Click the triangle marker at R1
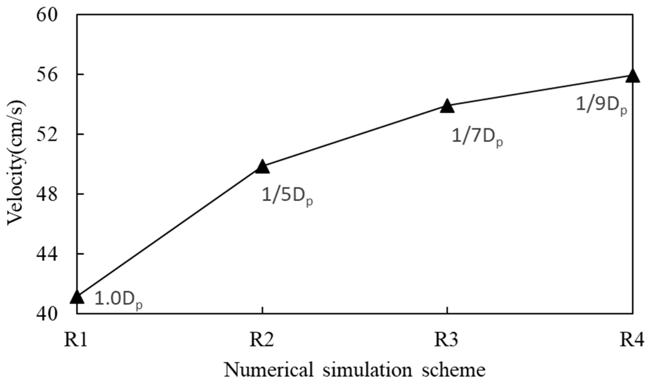(77, 298)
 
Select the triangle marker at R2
(262, 167)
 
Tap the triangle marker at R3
(447, 107)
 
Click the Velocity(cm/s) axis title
(16, 164)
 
